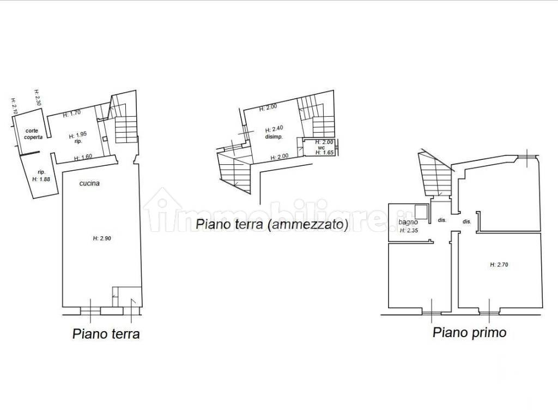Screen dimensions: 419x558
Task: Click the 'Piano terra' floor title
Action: point(106,334)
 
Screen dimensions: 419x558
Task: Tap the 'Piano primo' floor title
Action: point(469,332)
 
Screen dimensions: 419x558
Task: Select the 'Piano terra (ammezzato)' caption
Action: point(271,224)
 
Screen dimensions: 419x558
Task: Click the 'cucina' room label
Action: point(89,183)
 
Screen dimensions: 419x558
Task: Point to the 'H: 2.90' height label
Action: point(102,238)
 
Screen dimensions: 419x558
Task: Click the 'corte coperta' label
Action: point(32,134)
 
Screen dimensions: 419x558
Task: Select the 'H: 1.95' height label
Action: point(78,135)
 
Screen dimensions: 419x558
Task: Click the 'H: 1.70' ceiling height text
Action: point(71,114)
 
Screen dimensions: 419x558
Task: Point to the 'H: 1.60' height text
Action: point(83,158)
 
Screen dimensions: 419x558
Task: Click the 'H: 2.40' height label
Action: point(274,130)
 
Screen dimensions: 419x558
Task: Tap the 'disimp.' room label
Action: point(274,137)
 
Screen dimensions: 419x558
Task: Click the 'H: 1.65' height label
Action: point(325,153)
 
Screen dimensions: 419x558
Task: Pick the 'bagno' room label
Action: point(408,223)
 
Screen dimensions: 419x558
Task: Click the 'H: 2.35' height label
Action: point(409,230)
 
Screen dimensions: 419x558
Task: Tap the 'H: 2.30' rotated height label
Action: point(38,98)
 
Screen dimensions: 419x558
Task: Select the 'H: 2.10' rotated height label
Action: point(14,106)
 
